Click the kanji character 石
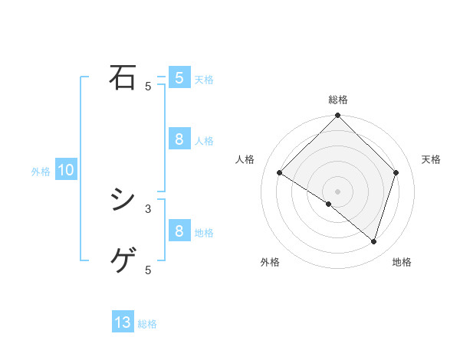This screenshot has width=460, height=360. click(x=123, y=77)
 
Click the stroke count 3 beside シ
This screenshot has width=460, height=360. click(x=148, y=208)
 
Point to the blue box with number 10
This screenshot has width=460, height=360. click(x=66, y=171)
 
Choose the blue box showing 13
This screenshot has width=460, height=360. click(x=123, y=322)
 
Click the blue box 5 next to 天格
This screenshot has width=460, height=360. click(x=179, y=78)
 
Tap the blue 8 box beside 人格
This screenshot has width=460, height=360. click(x=179, y=139)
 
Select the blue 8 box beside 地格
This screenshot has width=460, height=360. click(x=179, y=231)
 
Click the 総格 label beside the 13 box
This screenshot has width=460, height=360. click(x=147, y=324)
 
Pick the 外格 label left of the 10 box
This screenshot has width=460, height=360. click(x=41, y=172)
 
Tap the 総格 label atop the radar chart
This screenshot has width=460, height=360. click(x=337, y=100)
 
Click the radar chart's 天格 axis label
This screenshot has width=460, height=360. click(x=431, y=159)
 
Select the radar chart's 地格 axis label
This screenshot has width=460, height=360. click(x=402, y=263)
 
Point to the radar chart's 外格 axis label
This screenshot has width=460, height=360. click(x=270, y=263)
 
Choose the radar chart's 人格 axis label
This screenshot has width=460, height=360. click(x=245, y=159)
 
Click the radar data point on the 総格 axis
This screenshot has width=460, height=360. click(x=337, y=116)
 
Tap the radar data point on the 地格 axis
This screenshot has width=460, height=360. click(x=373, y=241)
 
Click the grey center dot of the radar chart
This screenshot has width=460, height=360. click(x=337, y=191)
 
